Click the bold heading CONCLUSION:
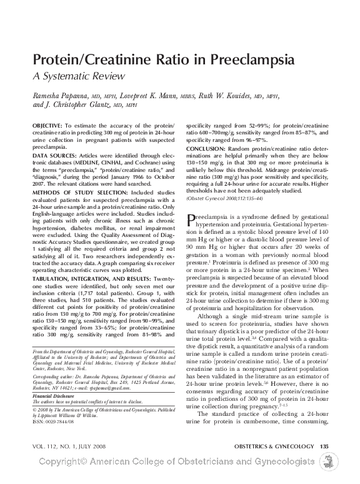(207, 149)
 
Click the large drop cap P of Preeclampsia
(192, 219)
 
